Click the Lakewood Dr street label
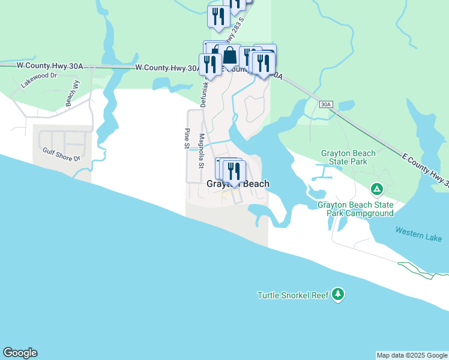pos(38,80)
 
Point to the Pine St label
pos(187,139)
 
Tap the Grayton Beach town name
pos(238,184)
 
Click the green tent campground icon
pos(377,190)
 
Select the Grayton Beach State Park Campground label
pos(355,209)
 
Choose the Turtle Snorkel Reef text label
pos(294,295)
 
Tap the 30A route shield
pos(325,104)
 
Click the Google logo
pos(20,353)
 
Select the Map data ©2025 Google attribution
pos(411,355)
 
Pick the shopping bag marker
pos(229,56)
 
